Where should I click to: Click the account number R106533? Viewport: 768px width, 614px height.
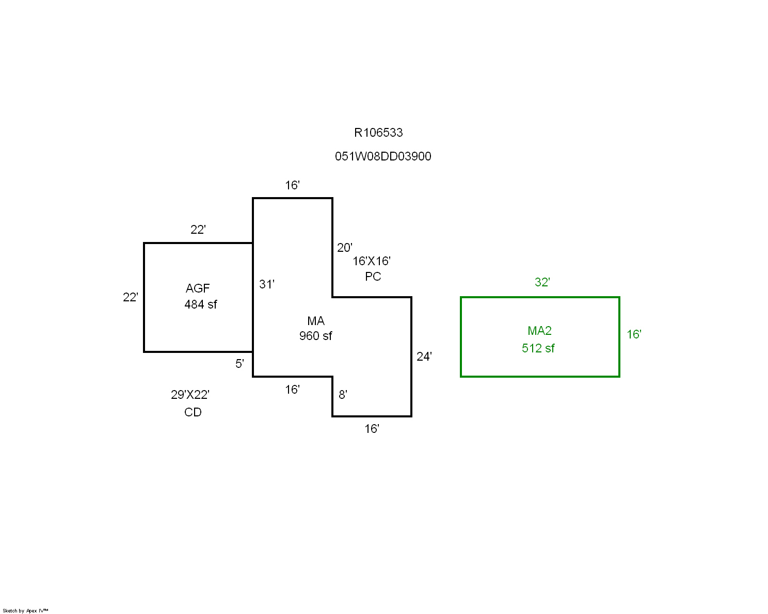pyautogui.click(x=378, y=133)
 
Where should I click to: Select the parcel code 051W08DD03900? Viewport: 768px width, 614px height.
pyautogui.click(x=383, y=156)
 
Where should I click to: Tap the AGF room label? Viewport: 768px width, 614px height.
pyautogui.click(x=198, y=288)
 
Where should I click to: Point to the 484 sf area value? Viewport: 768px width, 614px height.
pyautogui.click(x=201, y=304)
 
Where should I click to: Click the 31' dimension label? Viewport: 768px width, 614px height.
pyautogui.click(x=267, y=284)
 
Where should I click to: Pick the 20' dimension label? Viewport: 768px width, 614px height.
pyautogui.click(x=345, y=248)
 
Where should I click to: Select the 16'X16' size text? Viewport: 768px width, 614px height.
pyautogui.click(x=372, y=261)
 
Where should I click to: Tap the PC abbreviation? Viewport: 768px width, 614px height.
pyautogui.click(x=373, y=277)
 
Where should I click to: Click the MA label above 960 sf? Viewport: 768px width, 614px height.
pyautogui.click(x=316, y=321)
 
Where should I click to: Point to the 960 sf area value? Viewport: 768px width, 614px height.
pyautogui.click(x=316, y=336)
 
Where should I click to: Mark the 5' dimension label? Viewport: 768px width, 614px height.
pyautogui.click(x=239, y=364)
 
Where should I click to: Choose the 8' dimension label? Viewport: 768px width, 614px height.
pyautogui.click(x=343, y=395)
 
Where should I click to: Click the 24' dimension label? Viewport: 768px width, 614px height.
pyautogui.click(x=424, y=357)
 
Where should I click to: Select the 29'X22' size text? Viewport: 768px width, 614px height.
pyautogui.click(x=190, y=395)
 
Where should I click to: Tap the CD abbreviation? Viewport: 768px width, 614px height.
pyautogui.click(x=193, y=412)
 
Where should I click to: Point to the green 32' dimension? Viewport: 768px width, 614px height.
pyautogui.click(x=542, y=282)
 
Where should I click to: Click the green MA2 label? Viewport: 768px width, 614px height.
pyautogui.click(x=539, y=331)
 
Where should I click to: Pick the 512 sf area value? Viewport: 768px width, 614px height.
pyautogui.click(x=538, y=348)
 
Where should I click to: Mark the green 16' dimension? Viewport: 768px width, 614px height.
pyautogui.click(x=634, y=334)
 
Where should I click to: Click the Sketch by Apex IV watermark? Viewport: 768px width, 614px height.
pyautogui.click(x=25, y=611)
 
